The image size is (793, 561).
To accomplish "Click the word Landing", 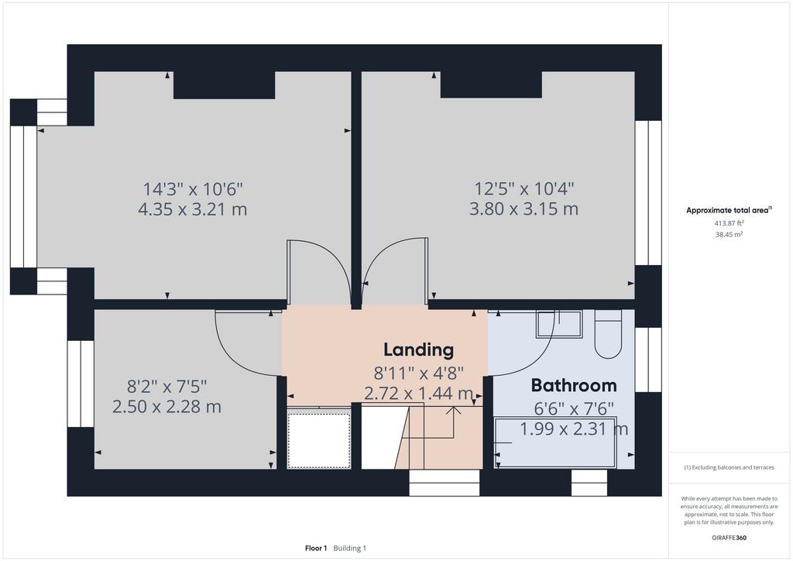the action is pyautogui.click(x=418, y=350).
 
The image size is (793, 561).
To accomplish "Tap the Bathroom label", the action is pyautogui.click(x=574, y=385).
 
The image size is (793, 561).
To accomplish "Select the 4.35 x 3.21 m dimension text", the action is pyautogui.click(x=193, y=209).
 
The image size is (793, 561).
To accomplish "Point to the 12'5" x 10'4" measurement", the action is pyautogui.click(x=524, y=189).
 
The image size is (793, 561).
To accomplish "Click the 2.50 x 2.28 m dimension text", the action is pyautogui.click(x=166, y=407).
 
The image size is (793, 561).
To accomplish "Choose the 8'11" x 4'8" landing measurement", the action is pyautogui.click(x=418, y=373).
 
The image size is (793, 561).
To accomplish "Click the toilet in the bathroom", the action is pyautogui.click(x=607, y=335).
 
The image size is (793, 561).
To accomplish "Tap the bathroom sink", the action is pyautogui.click(x=559, y=324).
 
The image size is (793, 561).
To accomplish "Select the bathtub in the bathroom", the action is pyautogui.click(x=554, y=442).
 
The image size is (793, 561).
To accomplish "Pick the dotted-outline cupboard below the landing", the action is pyautogui.click(x=318, y=441).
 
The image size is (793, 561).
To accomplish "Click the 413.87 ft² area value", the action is pyautogui.click(x=729, y=223).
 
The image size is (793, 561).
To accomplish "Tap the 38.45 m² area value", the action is pyautogui.click(x=729, y=234).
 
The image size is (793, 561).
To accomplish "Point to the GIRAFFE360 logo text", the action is pyautogui.click(x=729, y=538).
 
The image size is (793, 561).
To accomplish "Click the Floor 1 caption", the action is pyautogui.click(x=316, y=549).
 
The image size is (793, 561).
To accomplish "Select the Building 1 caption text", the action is pyautogui.click(x=349, y=549).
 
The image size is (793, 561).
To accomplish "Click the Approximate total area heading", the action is pyautogui.click(x=729, y=210).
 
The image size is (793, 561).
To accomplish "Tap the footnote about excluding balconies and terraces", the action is pyautogui.click(x=729, y=467).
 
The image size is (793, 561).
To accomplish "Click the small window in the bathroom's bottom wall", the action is pyautogui.click(x=589, y=483).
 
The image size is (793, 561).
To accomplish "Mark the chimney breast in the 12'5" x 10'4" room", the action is pyautogui.click(x=491, y=84).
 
